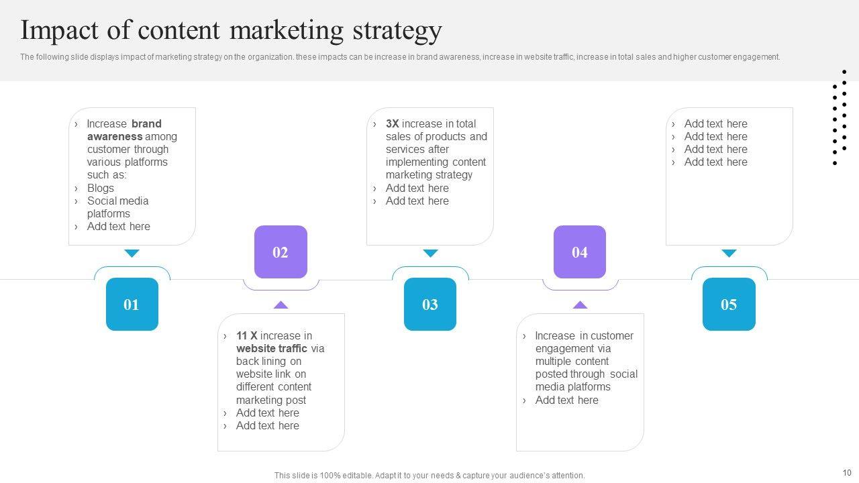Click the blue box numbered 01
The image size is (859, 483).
[132, 305]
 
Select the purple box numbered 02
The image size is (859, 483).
[281, 252]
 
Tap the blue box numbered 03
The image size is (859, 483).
[430, 305]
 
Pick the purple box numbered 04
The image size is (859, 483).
[580, 252]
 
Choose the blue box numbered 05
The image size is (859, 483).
[729, 305]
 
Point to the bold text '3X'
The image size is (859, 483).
[392, 124]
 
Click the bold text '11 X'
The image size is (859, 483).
[246, 336]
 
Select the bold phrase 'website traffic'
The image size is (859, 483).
[271, 349]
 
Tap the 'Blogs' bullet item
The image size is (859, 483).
[101, 189]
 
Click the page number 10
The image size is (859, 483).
[846, 473]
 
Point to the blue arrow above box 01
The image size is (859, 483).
[132, 254]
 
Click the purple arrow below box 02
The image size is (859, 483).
[281, 305]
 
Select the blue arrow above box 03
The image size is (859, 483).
[430, 254]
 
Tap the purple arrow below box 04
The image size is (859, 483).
[580, 305]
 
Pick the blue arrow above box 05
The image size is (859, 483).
[729, 254]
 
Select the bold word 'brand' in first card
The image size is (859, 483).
[146, 124]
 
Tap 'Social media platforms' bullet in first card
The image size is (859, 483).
[117, 207]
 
